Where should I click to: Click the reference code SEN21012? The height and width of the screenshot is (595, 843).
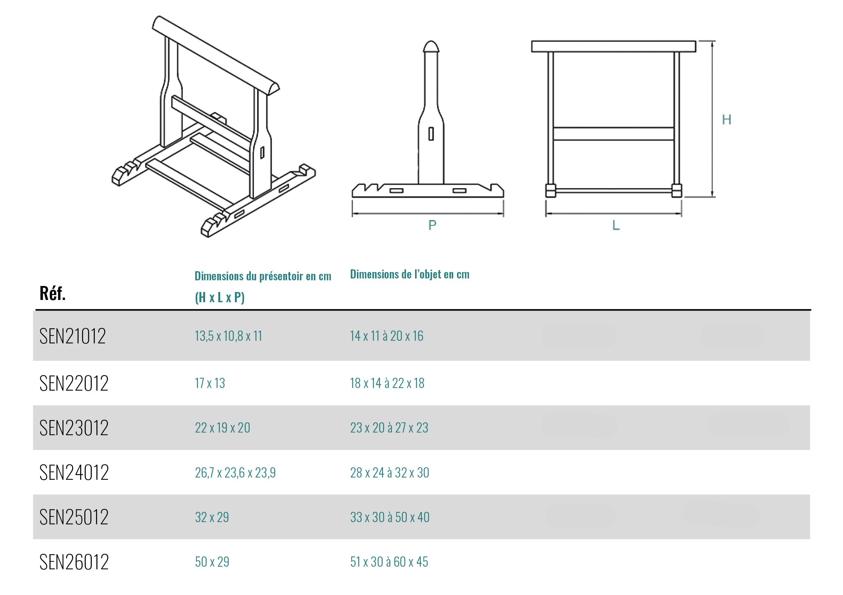click(x=73, y=336)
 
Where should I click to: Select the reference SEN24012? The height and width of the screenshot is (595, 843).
click(x=74, y=472)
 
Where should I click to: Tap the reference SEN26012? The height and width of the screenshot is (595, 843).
click(x=74, y=562)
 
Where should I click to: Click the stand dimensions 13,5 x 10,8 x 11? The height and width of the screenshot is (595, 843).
click(x=229, y=336)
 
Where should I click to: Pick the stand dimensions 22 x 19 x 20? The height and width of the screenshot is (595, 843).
click(x=222, y=428)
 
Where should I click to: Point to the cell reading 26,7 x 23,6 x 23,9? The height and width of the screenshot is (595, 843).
click(x=235, y=473)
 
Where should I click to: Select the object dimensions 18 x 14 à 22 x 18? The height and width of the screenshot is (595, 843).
click(x=387, y=383)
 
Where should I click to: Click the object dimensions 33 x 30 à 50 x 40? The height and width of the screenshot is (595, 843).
click(x=390, y=517)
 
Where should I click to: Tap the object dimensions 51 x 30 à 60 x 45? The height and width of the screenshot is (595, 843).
click(x=389, y=562)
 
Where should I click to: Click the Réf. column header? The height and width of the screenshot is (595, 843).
click(x=52, y=293)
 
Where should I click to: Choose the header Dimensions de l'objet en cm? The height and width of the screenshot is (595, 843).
click(x=410, y=274)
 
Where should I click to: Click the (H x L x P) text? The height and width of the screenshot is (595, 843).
click(x=220, y=297)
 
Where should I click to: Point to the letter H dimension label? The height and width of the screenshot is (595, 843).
click(x=727, y=120)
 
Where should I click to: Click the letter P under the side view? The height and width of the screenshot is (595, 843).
click(x=432, y=225)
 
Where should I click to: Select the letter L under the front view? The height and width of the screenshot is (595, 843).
click(x=616, y=225)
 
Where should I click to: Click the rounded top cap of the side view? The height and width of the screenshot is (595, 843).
click(x=431, y=46)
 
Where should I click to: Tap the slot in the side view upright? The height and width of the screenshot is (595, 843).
click(x=431, y=134)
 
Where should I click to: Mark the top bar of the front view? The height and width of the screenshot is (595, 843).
click(x=613, y=46)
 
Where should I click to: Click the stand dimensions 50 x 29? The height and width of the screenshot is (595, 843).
click(x=212, y=562)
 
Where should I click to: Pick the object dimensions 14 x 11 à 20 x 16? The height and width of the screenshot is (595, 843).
click(x=387, y=336)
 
